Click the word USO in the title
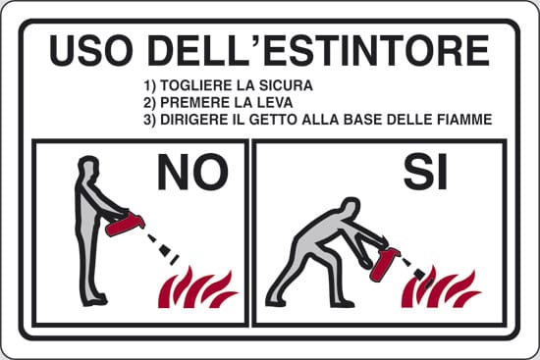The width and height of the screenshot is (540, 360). (91, 50)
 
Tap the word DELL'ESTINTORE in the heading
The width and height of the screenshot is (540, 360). (318, 50)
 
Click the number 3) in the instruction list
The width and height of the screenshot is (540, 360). (150, 120)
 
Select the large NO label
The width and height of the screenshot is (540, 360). (192, 172)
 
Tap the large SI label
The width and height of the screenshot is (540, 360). (426, 172)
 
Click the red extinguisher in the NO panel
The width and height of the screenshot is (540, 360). (125, 224)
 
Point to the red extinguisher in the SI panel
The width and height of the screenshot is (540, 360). (384, 263)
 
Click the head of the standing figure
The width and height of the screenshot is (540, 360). (88, 167)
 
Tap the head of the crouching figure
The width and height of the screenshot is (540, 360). (350, 208)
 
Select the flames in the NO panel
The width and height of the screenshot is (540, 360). (197, 287)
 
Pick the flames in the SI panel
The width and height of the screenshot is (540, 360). (441, 288)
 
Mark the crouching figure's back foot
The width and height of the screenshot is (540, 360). (276, 302)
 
